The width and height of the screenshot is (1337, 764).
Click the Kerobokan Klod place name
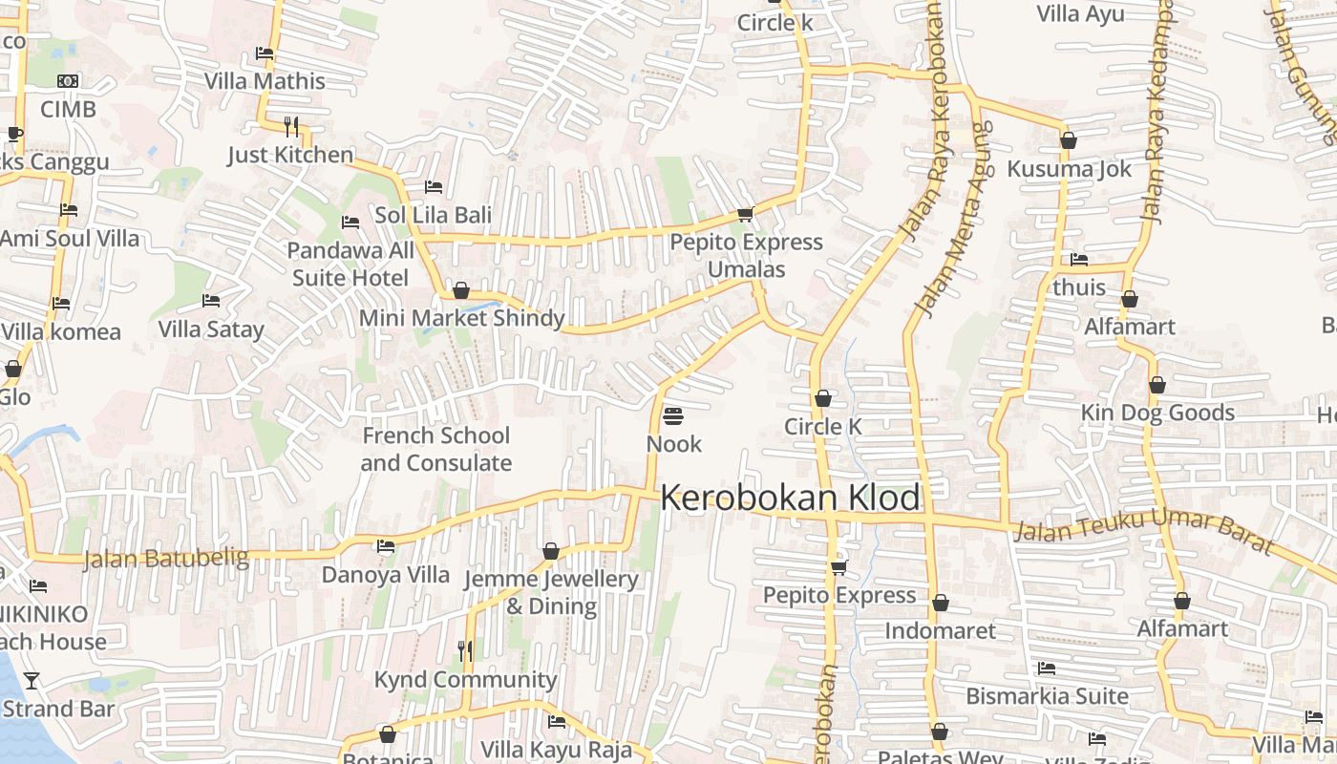[791, 498]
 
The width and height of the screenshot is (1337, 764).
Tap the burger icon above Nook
[673, 416]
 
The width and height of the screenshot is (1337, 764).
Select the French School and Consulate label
[436, 449]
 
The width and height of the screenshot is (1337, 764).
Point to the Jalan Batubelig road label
[166, 558]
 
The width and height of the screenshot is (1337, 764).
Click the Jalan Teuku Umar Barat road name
[1143, 531]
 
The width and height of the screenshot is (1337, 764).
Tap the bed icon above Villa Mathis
[265, 53]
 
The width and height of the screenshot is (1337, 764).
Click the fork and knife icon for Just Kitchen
[291, 125]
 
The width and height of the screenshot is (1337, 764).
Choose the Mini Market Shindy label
[462, 318]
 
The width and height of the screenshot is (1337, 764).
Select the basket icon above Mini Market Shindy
[461, 289]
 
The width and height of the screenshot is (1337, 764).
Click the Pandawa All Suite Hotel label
[350, 264]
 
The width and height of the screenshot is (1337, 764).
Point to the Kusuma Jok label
[1069, 169]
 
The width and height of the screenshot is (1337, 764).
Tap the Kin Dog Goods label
[1157, 413]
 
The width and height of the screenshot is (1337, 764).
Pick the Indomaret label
[940, 630]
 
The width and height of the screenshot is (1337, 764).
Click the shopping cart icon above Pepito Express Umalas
[746, 214]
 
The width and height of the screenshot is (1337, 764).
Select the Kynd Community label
[465, 679]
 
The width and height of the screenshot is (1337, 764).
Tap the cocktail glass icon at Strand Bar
[32, 680]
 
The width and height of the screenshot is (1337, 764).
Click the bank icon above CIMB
[68, 81]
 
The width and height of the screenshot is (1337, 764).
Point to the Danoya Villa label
[385, 574]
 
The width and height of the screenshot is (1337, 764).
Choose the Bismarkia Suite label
[1047, 695]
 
